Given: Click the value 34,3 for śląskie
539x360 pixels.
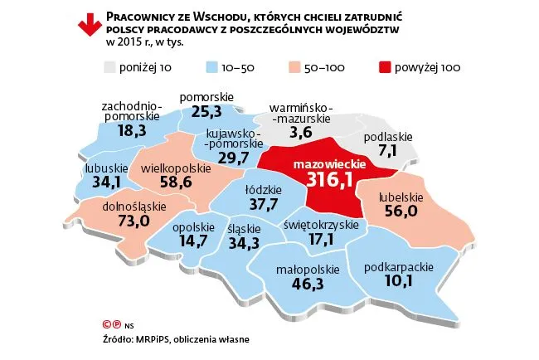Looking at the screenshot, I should (244, 244).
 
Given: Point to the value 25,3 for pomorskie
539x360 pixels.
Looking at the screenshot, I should (209, 110).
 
